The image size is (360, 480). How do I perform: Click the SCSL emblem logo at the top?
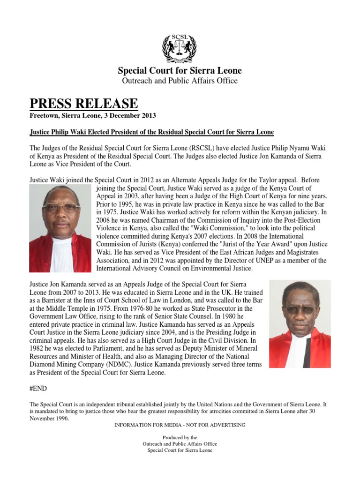(180, 49)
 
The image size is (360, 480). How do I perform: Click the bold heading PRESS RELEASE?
(84, 104)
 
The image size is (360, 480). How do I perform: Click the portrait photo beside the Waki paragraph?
(60, 228)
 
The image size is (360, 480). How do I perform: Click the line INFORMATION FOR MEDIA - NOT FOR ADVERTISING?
(180, 425)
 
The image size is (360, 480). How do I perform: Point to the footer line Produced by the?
(180, 437)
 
